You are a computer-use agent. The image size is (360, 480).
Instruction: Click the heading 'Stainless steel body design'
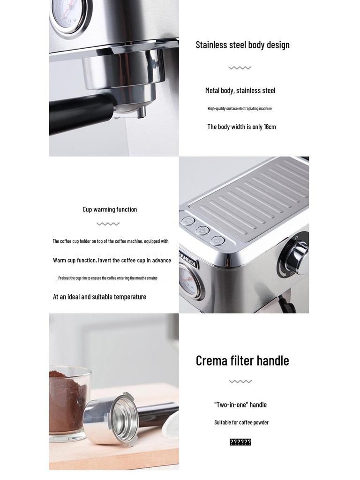tap(242, 45)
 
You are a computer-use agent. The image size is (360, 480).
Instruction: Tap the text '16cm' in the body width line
tap(270, 127)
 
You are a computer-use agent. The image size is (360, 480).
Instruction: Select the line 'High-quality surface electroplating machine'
tap(240, 109)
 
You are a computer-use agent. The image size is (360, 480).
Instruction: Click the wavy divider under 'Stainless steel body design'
tap(240, 68)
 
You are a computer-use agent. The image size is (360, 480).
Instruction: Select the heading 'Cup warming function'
tap(110, 210)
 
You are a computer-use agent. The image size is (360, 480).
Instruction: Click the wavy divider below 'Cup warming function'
tap(108, 224)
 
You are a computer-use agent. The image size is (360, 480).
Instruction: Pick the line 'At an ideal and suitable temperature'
tap(99, 297)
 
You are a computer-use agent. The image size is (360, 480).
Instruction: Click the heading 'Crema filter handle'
tap(242, 360)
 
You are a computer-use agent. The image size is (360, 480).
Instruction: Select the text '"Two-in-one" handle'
tap(240, 405)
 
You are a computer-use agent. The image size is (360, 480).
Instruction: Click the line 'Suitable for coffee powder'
tap(241, 422)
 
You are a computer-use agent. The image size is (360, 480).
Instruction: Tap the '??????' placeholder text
tap(240, 442)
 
